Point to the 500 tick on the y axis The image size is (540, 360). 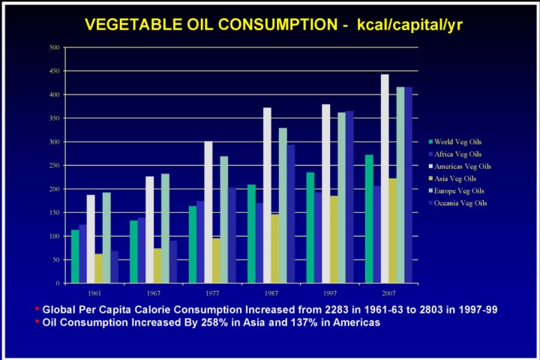pos(55,47)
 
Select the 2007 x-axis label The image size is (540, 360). pos(388,293)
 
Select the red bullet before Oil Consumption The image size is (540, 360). pos(37,322)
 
